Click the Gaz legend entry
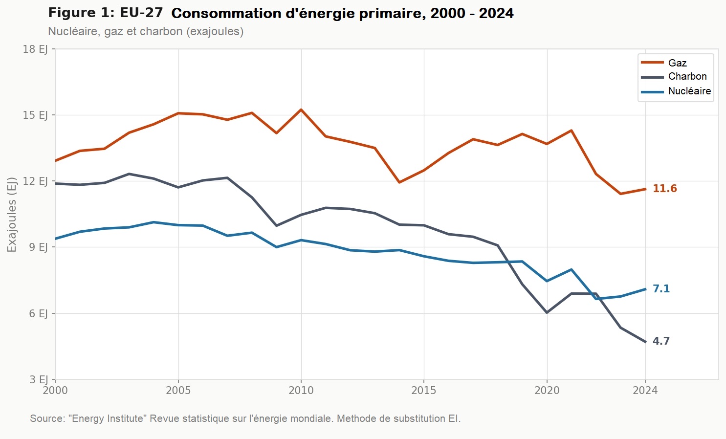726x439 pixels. click(677, 63)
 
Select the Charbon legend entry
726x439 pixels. click(687, 77)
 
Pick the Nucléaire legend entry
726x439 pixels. click(689, 91)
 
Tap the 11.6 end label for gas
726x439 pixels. click(664, 189)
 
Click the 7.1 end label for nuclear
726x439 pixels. click(661, 289)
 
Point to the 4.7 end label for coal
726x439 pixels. click(661, 341)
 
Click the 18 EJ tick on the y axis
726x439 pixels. click(35, 49)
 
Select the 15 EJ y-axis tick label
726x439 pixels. click(35, 115)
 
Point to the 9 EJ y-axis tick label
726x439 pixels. click(38, 247)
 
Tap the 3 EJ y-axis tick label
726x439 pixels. click(38, 379)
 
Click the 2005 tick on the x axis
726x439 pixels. click(178, 390)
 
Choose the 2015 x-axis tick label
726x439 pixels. click(423, 390)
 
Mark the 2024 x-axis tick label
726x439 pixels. click(645, 390)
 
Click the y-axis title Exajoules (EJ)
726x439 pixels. click(12, 215)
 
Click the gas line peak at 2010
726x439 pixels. click(301, 110)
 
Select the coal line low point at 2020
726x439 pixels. click(547, 312)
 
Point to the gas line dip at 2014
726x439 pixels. click(399, 182)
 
